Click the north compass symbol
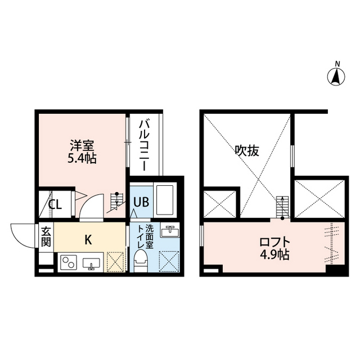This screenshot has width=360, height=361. click(x=337, y=75)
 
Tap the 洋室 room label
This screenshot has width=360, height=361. click(x=83, y=145)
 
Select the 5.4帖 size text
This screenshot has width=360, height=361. click(x=83, y=158)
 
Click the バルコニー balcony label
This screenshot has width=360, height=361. click(x=144, y=144)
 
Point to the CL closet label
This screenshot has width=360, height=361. click(x=54, y=204)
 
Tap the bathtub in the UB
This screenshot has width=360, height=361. click(x=165, y=199)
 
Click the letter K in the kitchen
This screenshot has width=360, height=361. click(x=88, y=239)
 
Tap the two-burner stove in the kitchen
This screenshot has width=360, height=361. click(x=70, y=263)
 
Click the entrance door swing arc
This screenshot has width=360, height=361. click(x=22, y=235)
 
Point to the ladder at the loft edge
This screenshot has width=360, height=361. click(x=282, y=206)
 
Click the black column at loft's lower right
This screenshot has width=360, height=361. click(x=335, y=269)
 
